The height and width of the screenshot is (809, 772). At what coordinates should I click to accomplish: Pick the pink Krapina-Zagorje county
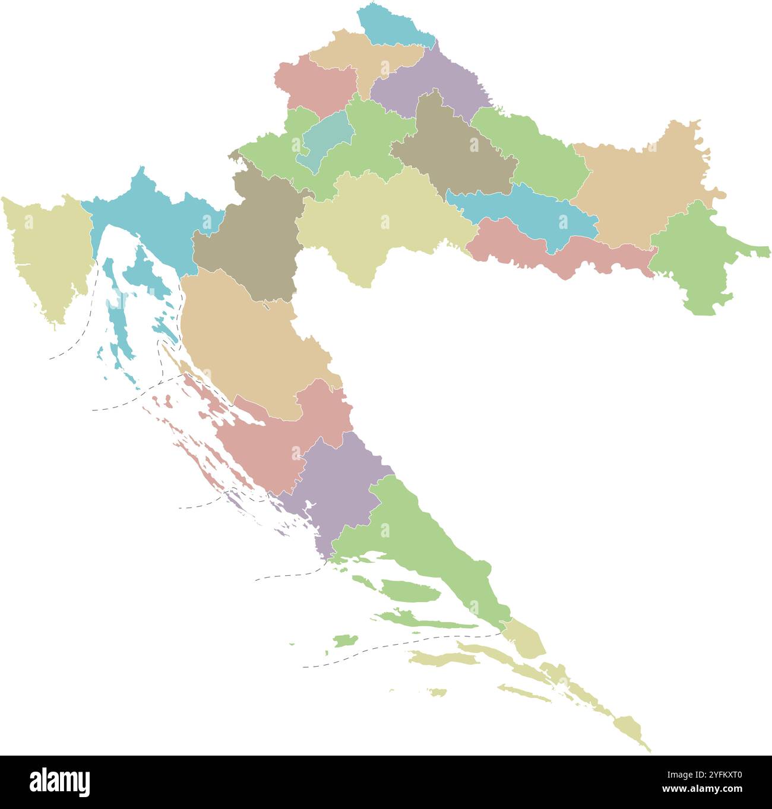click(x=314, y=86)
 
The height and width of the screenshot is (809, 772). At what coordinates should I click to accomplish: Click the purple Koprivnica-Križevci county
click(x=434, y=83)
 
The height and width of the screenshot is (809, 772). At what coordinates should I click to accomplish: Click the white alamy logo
click(x=59, y=782)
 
